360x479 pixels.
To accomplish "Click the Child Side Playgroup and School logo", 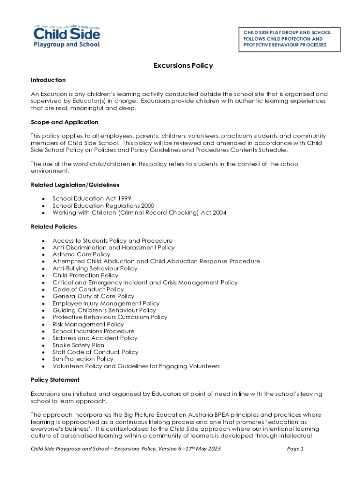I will click(x=66, y=36).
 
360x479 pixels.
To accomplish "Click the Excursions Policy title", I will click(x=183, y=65).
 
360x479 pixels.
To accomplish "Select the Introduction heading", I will click(x=48, y=80).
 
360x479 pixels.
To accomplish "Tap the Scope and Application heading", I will click(x=65, y=122).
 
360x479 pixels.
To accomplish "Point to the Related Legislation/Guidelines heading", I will click(x=75, y=185).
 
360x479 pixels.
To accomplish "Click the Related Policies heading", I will click(x=54, y=226).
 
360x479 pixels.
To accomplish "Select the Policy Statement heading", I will click(x=55, y=380).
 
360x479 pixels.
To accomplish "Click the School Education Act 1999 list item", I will click(x=88, y=198).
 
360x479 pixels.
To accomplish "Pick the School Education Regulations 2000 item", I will click(x=103, y=205).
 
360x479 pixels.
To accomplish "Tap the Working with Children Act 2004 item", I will click(x=139, y=212).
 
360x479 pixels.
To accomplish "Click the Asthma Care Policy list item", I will click(x=81, y=254).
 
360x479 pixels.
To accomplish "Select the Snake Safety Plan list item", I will click(x=78, y=345).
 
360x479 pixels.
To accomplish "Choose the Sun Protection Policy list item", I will click(x=83, y=359).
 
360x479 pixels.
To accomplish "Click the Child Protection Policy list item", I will click(x=86, y=276).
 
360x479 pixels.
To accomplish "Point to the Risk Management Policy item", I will click(x=88, y=324).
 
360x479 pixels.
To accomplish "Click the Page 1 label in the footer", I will click(x=295, y=449).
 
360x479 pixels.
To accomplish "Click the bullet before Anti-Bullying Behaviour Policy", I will click(x=43, y=269).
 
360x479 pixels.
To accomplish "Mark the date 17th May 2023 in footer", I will click(x=201, y=449).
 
